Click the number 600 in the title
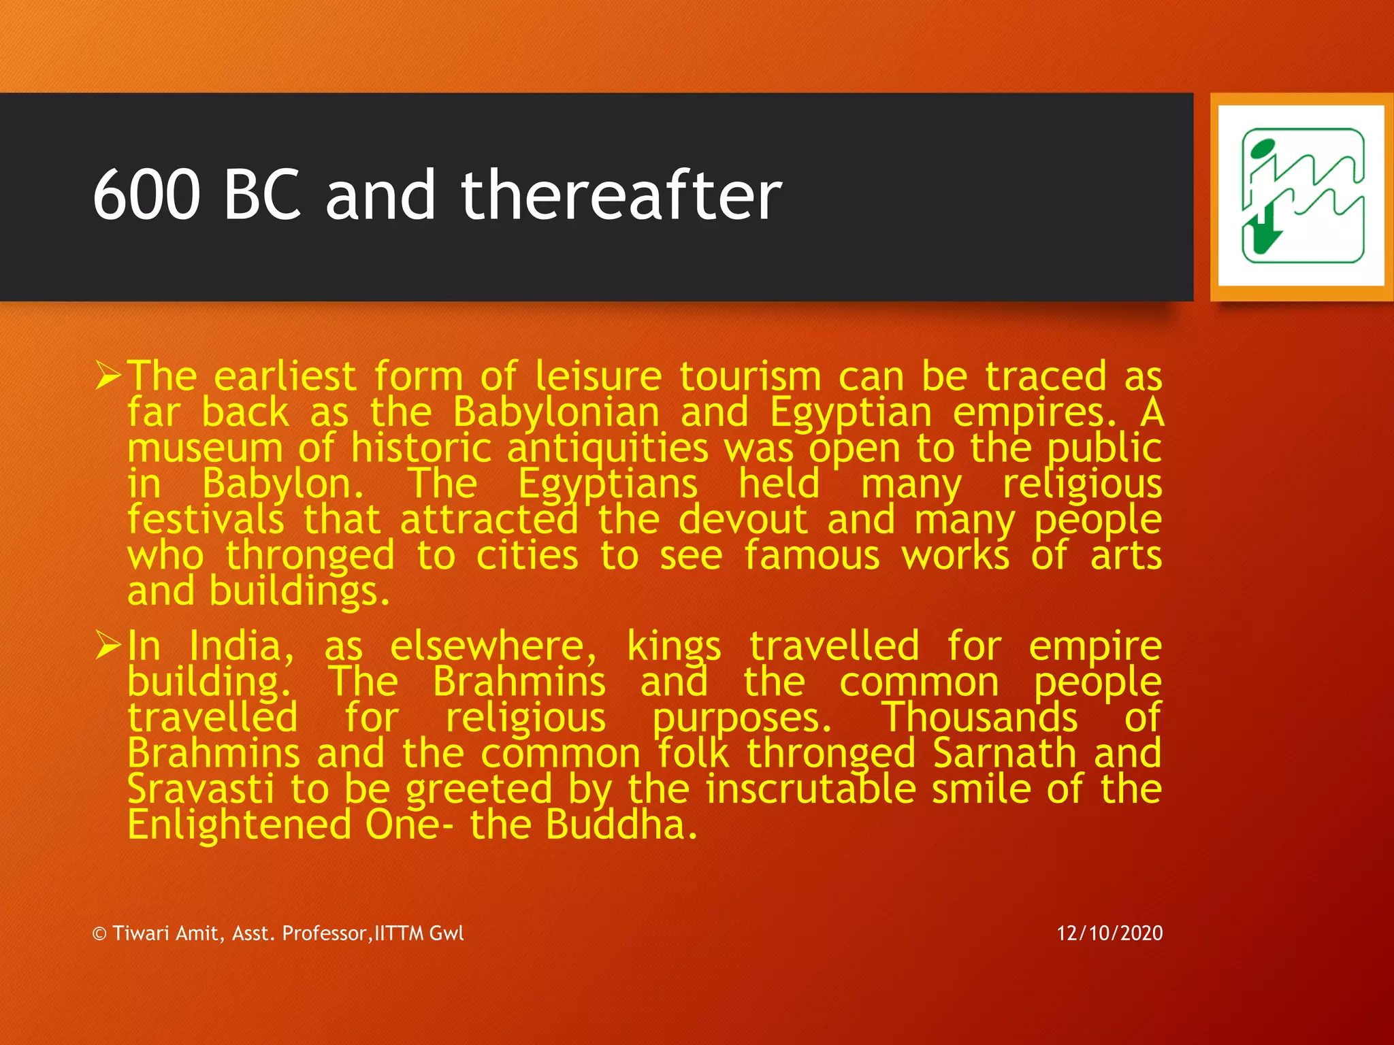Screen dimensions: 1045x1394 [146, 195]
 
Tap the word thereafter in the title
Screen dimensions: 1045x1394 [621, 195]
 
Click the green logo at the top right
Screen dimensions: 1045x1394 [1302, 196]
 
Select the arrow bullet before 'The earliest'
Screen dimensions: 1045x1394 [108, 376]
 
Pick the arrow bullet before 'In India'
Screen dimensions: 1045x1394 [108, 645]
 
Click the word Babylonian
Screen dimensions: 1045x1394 [556, 413]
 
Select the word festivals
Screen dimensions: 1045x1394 [206, 520]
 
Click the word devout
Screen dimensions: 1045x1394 [743, 520]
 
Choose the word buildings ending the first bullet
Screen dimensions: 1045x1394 [299, 591]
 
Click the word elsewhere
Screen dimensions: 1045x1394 [493, 645]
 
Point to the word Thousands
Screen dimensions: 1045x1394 [979, 717]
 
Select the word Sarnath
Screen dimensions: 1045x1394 [1005, 753]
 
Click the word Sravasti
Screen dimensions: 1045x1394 [201, 789]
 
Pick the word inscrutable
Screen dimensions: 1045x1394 [811, 789]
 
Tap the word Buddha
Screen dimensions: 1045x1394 [621, 825]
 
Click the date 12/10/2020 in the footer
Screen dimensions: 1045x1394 [1109, 933]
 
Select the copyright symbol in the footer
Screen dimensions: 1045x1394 [99, 934]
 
